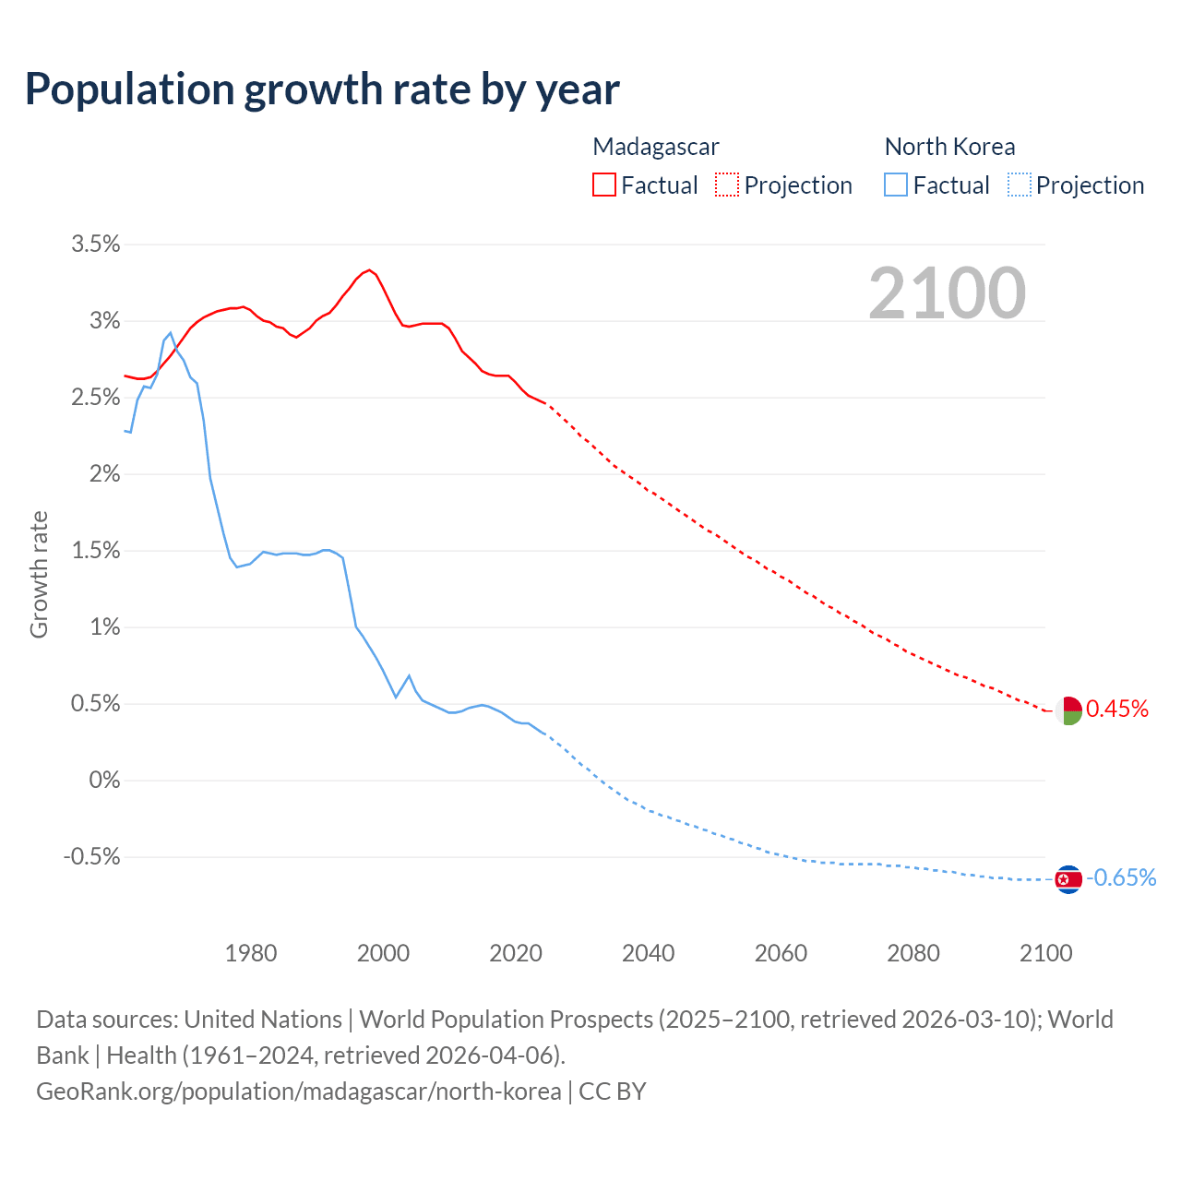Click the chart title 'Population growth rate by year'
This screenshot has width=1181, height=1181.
pyautogui.click(x=322, y=89)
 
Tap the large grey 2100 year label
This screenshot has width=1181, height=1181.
pyautogui.click(x=947, y=293)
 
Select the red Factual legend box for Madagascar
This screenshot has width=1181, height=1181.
pyautogui.click(x=603, y=185)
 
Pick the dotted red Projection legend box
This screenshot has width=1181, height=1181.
pyautogui.click(x=727, y=185)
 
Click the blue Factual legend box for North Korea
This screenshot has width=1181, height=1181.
pyautogui.click(x=896, y=185)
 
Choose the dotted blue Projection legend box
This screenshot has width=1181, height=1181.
pyautogui.click(x=1020, y=185)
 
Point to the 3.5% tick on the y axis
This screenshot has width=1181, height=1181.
pyautogui.click(x=96, y=245)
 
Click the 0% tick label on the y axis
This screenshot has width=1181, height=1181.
pyautogui.click(x=104, y=781)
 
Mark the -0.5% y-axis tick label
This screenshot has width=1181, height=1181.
pyautogui.click(x=91, y=857)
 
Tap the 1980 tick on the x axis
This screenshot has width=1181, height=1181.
pyautogui.click(x=251, y=953)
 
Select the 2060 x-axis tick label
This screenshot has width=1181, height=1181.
pyautogui.click(x=781, y=953)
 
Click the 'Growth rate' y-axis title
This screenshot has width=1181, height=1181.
pyautogui.click(x=39, y=574)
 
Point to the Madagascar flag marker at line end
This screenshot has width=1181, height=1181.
pyautogui.click(x=1068, y=710)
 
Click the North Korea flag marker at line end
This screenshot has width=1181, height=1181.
pyautogui.click(x=1068, y=879)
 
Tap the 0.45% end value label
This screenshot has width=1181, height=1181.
pyautogui.click(x=1117, y=709)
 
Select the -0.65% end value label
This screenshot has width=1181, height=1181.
pyautogui.click(x=1121, y=877)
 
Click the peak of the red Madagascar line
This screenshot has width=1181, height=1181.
pyautogui.click(x=369, y=270)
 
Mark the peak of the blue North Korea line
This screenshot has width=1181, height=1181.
pyautogui.click(x=171, y=333)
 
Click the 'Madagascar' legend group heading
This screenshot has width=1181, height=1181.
pyautogui.click(x=656, y=147)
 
